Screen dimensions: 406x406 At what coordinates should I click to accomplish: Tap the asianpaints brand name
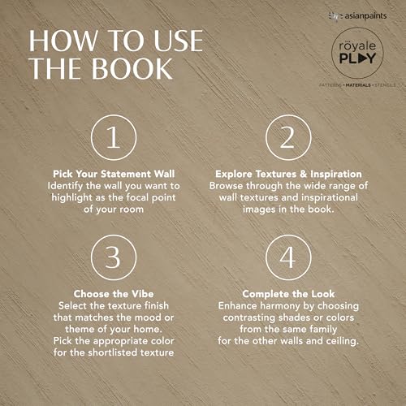(365, 16)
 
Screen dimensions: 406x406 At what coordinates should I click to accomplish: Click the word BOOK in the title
(132, 69)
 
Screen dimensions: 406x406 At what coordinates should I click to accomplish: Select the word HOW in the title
(63, 41)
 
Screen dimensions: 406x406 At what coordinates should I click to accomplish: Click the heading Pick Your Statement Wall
(114, 174)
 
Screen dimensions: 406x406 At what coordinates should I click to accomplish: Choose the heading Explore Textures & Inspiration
(288, 174)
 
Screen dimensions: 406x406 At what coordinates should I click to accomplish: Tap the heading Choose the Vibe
(114, 294)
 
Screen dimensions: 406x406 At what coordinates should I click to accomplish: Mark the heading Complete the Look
(288, 294)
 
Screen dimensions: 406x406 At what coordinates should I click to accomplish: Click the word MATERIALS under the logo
(358, 85)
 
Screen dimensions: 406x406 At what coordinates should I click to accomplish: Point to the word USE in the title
(179, 41)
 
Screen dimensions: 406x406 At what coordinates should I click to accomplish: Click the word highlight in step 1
(72, 198)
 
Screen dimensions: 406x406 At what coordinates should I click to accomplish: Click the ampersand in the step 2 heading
(303, 174)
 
